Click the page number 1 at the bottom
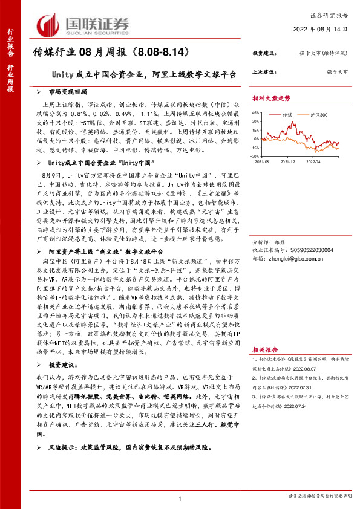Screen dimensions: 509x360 180,498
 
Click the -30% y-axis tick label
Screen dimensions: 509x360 257,155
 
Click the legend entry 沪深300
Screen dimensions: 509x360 320,114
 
